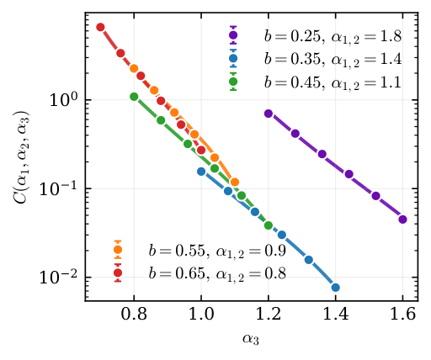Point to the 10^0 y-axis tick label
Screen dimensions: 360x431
(64, 99)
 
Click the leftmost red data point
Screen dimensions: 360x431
(100, 27)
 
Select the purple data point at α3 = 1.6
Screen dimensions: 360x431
(402, 220)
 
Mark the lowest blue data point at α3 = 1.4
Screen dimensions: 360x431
(336, 288)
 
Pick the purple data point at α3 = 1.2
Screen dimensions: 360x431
(269, 113)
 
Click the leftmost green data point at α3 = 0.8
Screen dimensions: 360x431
(134, 97)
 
